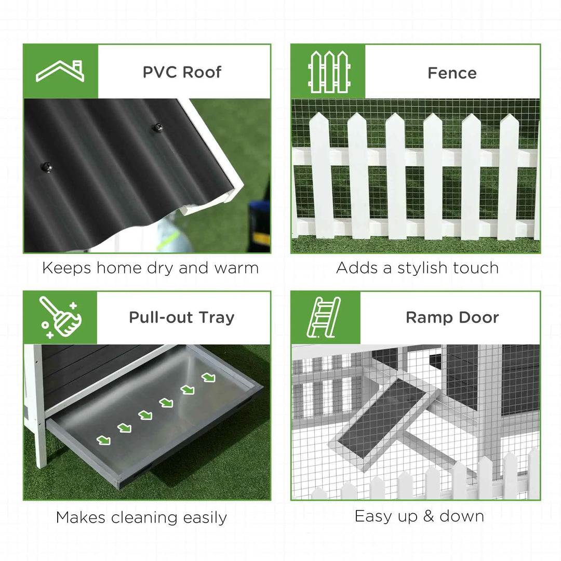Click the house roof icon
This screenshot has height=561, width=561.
(60, 71)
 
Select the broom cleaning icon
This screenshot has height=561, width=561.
(60, 317)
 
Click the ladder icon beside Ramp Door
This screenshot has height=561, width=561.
(325, 317)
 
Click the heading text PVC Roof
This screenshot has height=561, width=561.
(182, 72)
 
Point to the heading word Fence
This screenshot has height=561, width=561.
(452, 73)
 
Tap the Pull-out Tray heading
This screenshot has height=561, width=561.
(182, 317)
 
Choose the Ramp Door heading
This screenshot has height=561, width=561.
(452, 317)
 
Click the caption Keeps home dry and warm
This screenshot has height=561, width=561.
(150, 268)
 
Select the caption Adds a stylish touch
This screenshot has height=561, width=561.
(417, 268)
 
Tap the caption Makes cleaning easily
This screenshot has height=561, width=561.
(141, 517)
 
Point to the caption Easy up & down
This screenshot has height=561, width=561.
(419, 516)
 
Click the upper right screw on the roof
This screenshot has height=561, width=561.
(156, 127)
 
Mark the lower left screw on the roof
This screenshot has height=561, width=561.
(47, 167)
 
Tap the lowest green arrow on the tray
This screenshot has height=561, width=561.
(103, 440)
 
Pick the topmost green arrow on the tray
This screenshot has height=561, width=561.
(208, 378)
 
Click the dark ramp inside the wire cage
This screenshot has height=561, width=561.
(382, 418)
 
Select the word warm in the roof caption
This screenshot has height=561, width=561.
(236, 268)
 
